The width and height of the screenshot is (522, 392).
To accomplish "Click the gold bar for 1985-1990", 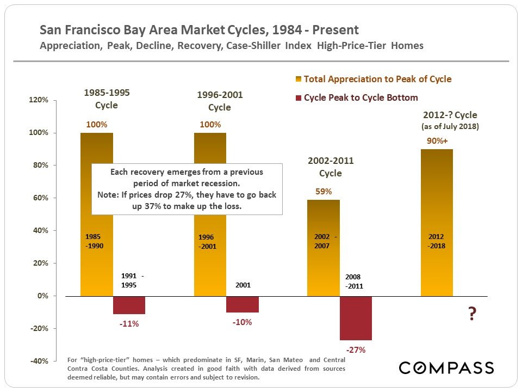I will pos(96,261).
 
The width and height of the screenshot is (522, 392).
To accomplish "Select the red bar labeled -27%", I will pos(356,318).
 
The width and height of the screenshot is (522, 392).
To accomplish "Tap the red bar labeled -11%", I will pos(129,305).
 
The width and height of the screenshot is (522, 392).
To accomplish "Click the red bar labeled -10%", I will pos(242,304).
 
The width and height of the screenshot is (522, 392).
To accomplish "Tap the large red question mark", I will pos(472,315).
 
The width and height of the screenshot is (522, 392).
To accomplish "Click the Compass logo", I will pos(446,367).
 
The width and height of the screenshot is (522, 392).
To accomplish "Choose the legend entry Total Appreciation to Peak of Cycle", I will pos(377,79).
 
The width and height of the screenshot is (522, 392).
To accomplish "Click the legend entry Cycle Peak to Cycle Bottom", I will pos(361,98).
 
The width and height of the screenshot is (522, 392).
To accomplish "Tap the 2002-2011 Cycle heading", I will pos(330,167).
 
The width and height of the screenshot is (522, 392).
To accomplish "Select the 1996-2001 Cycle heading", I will pos(219,101).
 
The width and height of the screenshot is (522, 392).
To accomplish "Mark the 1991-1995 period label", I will pos(132,280).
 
